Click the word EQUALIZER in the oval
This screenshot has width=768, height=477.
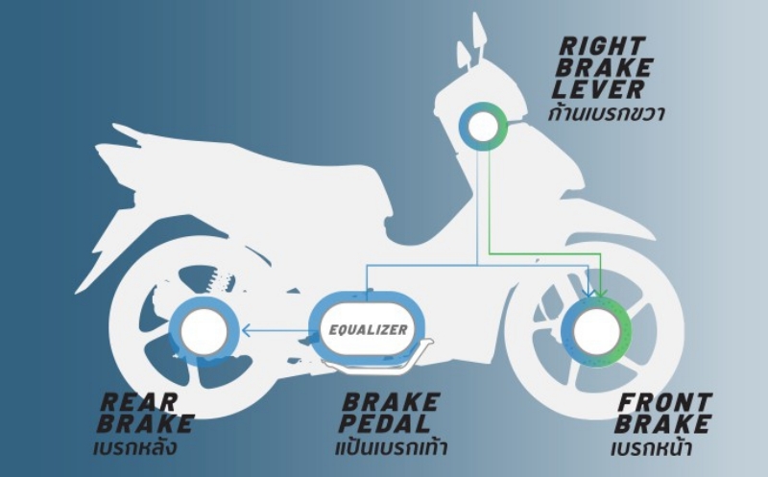(368, 330)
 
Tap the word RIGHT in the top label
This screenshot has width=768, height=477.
(603, 46)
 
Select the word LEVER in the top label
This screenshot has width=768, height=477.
(598, 89)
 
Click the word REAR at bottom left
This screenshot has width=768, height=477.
(139, 402)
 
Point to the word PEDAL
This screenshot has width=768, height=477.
(385, 423)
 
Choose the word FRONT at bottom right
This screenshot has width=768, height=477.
(665, 402)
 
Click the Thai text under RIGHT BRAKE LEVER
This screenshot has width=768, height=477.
(607, 113)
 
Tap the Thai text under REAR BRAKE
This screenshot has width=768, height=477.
(135, 446)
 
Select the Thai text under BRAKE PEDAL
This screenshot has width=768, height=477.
(392, 446)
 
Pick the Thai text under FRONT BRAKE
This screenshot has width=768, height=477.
(652, 447)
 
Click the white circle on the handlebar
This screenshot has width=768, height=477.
(483, 127)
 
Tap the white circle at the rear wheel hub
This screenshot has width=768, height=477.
(204, 331)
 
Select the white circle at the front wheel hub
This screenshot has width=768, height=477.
(596, 331)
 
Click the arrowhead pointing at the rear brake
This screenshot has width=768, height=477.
(247, 331)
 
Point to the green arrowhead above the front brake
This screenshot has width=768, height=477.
(601, 293)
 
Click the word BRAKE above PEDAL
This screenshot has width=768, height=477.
(391, 402)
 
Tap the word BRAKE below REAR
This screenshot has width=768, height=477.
(146, 423)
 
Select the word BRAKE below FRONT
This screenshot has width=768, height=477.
(663, 423)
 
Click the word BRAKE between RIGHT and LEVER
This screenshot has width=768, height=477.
(605, 67)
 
